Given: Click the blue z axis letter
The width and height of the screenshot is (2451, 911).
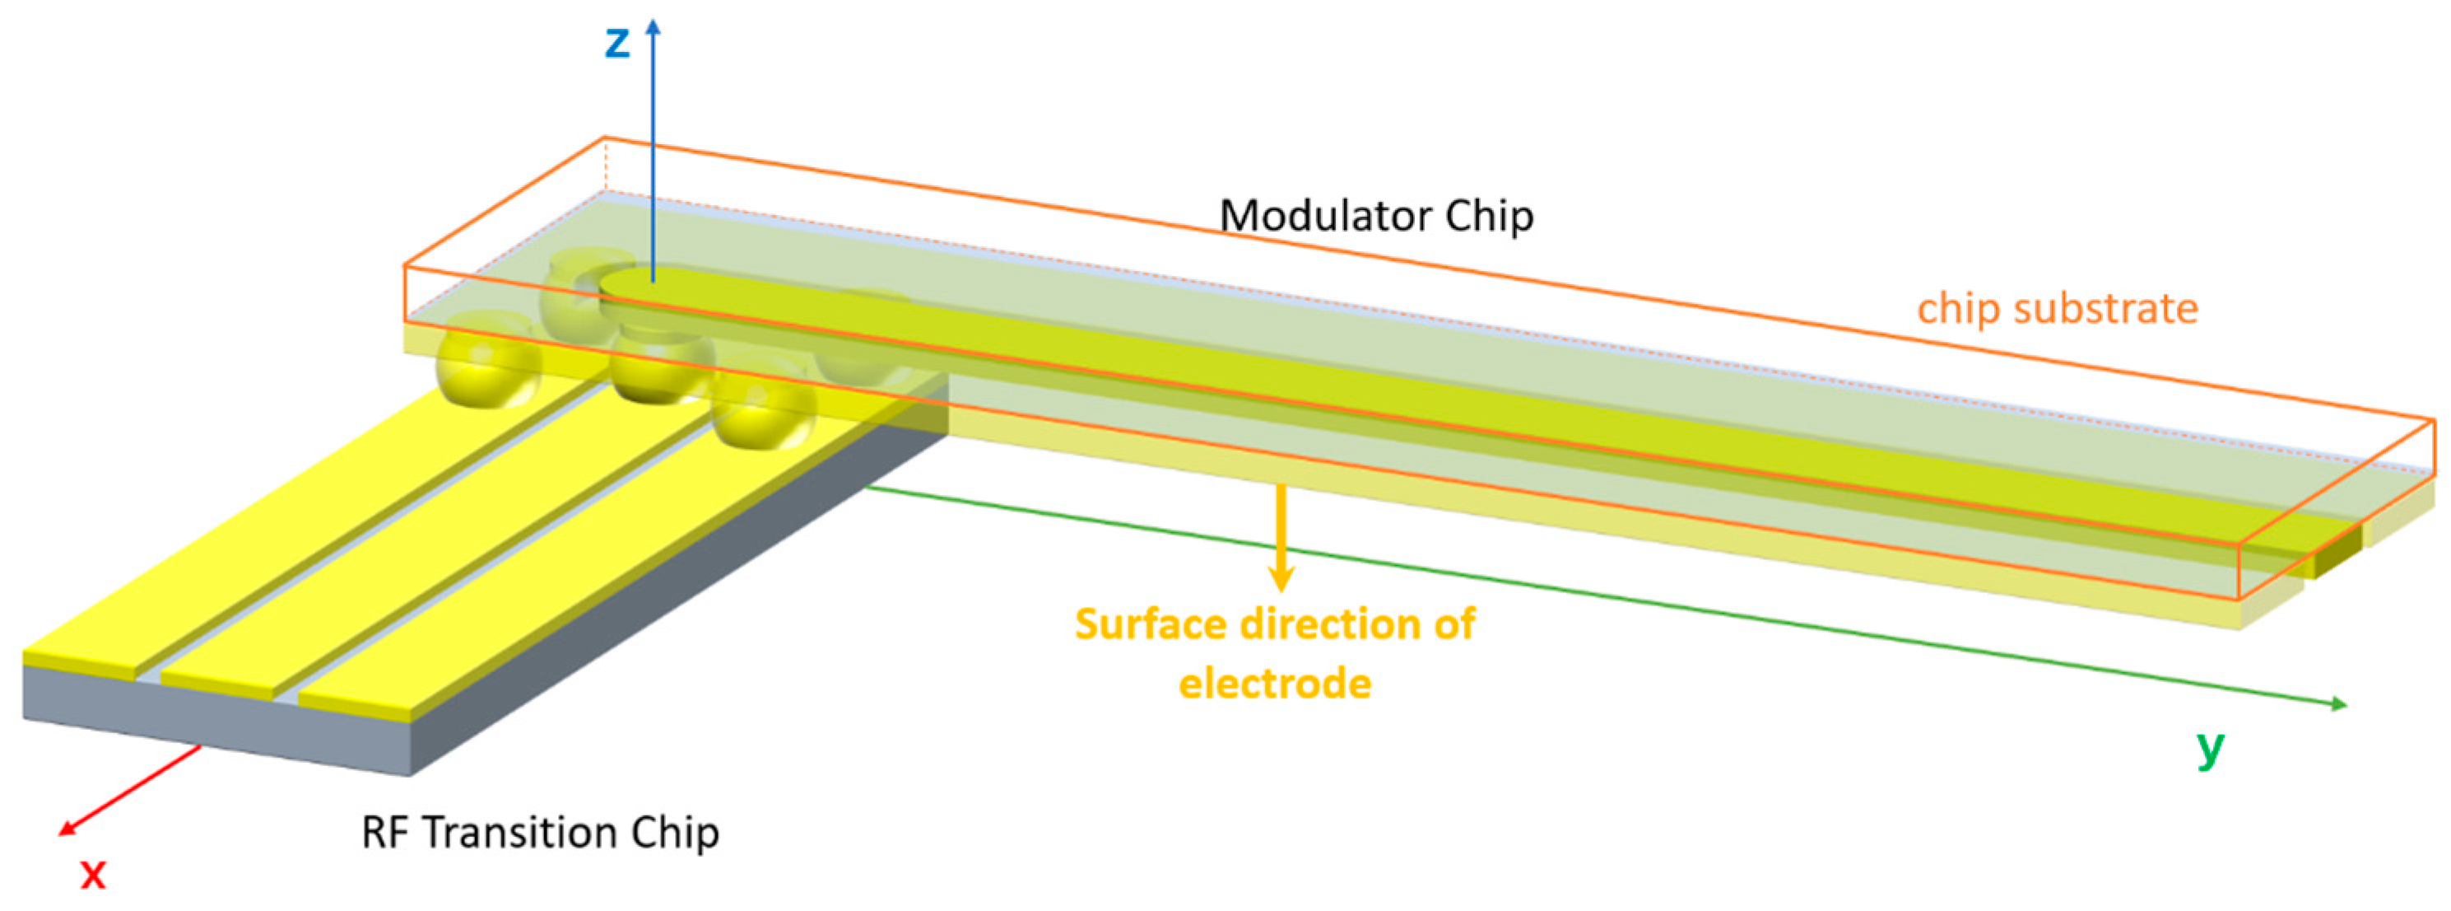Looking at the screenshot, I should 617,44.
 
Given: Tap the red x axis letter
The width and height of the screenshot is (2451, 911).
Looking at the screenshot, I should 92,874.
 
